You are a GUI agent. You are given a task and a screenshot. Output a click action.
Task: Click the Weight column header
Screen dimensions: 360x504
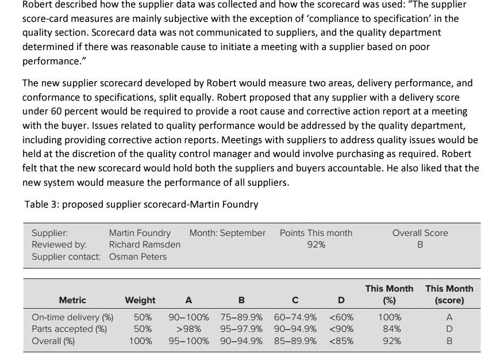[140, 300]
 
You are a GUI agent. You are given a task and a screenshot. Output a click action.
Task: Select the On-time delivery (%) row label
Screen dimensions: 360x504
[72, 317]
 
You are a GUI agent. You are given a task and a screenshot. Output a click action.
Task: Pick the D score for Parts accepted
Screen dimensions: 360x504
[449, 329]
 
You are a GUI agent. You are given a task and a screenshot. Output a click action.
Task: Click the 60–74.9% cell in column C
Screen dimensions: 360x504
[295, 317]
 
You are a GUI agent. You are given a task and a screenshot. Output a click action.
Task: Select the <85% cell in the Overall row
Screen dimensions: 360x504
[341, 341]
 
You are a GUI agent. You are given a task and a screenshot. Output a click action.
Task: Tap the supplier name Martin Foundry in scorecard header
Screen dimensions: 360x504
[140, 233]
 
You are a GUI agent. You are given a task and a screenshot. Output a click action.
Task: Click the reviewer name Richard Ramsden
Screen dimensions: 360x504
[145, 244]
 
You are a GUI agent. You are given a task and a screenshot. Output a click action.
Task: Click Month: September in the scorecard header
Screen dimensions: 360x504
[228, 233]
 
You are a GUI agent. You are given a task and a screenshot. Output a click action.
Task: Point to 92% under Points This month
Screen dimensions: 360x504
[316, 244]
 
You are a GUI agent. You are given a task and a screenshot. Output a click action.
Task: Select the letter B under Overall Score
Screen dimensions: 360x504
[420, 244]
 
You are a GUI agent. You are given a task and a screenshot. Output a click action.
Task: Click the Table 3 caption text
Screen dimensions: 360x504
[141, 204]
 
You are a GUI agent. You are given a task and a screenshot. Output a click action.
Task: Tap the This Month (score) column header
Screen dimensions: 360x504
[449, 294]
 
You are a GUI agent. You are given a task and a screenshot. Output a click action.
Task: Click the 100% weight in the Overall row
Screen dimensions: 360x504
[141, 341]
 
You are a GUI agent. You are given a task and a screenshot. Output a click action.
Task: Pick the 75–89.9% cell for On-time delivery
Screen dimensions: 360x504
[241, 317]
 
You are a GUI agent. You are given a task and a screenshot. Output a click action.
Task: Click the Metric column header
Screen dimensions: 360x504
[72, 300]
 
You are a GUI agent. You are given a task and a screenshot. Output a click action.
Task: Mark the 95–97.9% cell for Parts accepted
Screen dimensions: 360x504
[241, 329]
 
